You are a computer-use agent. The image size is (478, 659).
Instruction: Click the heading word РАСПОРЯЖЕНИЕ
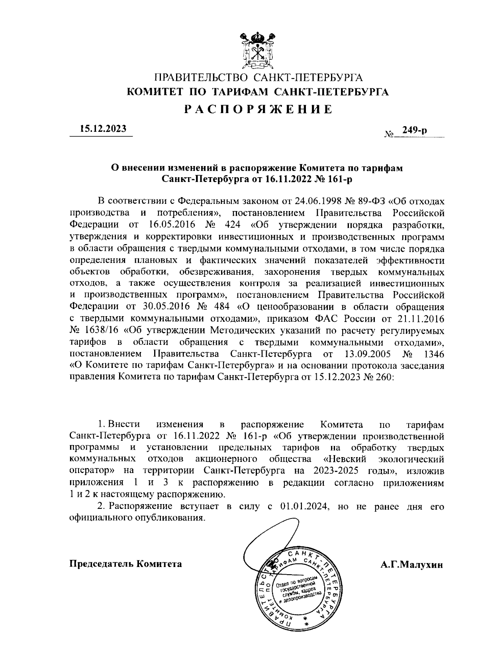[x=258, y=109]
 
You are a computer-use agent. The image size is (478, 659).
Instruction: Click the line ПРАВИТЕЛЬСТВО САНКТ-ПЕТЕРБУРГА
[x=259, y=77]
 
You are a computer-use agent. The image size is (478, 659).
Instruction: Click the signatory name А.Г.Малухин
[x=411, y=564]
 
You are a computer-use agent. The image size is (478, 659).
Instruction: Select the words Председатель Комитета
[x=126, y=564]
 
